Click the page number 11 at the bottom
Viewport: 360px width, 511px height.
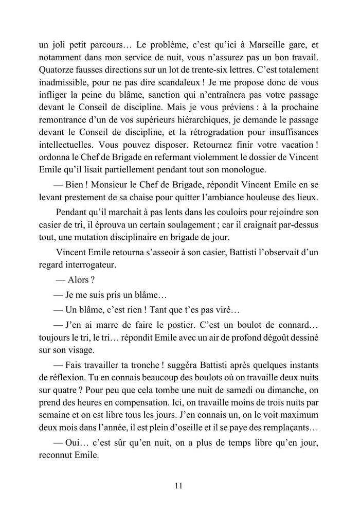(x=179, y=485)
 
